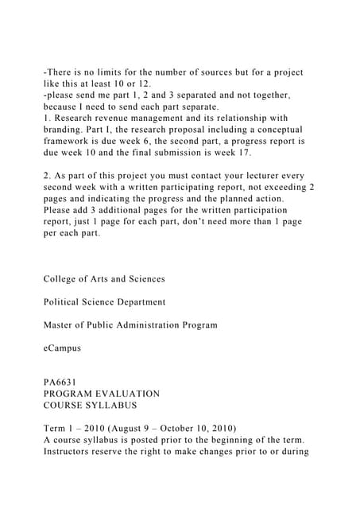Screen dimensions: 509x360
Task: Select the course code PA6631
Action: (x=60, y=382)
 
